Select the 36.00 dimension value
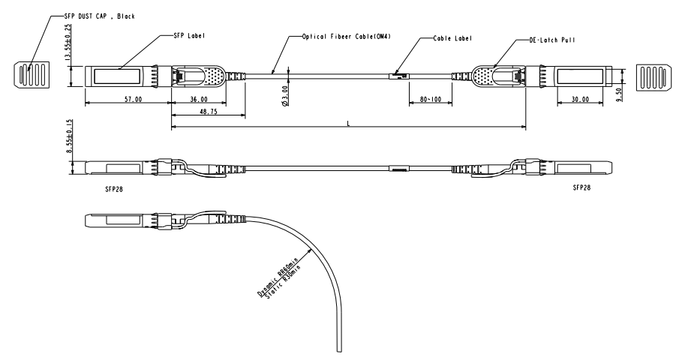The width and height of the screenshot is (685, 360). tap(199, 99)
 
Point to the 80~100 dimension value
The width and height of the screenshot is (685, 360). tap(431, 99)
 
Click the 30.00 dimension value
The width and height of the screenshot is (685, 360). tap(580, 99)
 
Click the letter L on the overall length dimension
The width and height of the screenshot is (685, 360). tap(348, 123)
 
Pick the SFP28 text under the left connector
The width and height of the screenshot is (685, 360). tap(116, 189)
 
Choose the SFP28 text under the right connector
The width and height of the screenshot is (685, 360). tap(581, 187)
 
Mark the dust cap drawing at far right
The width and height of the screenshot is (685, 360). tap(651, 77)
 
